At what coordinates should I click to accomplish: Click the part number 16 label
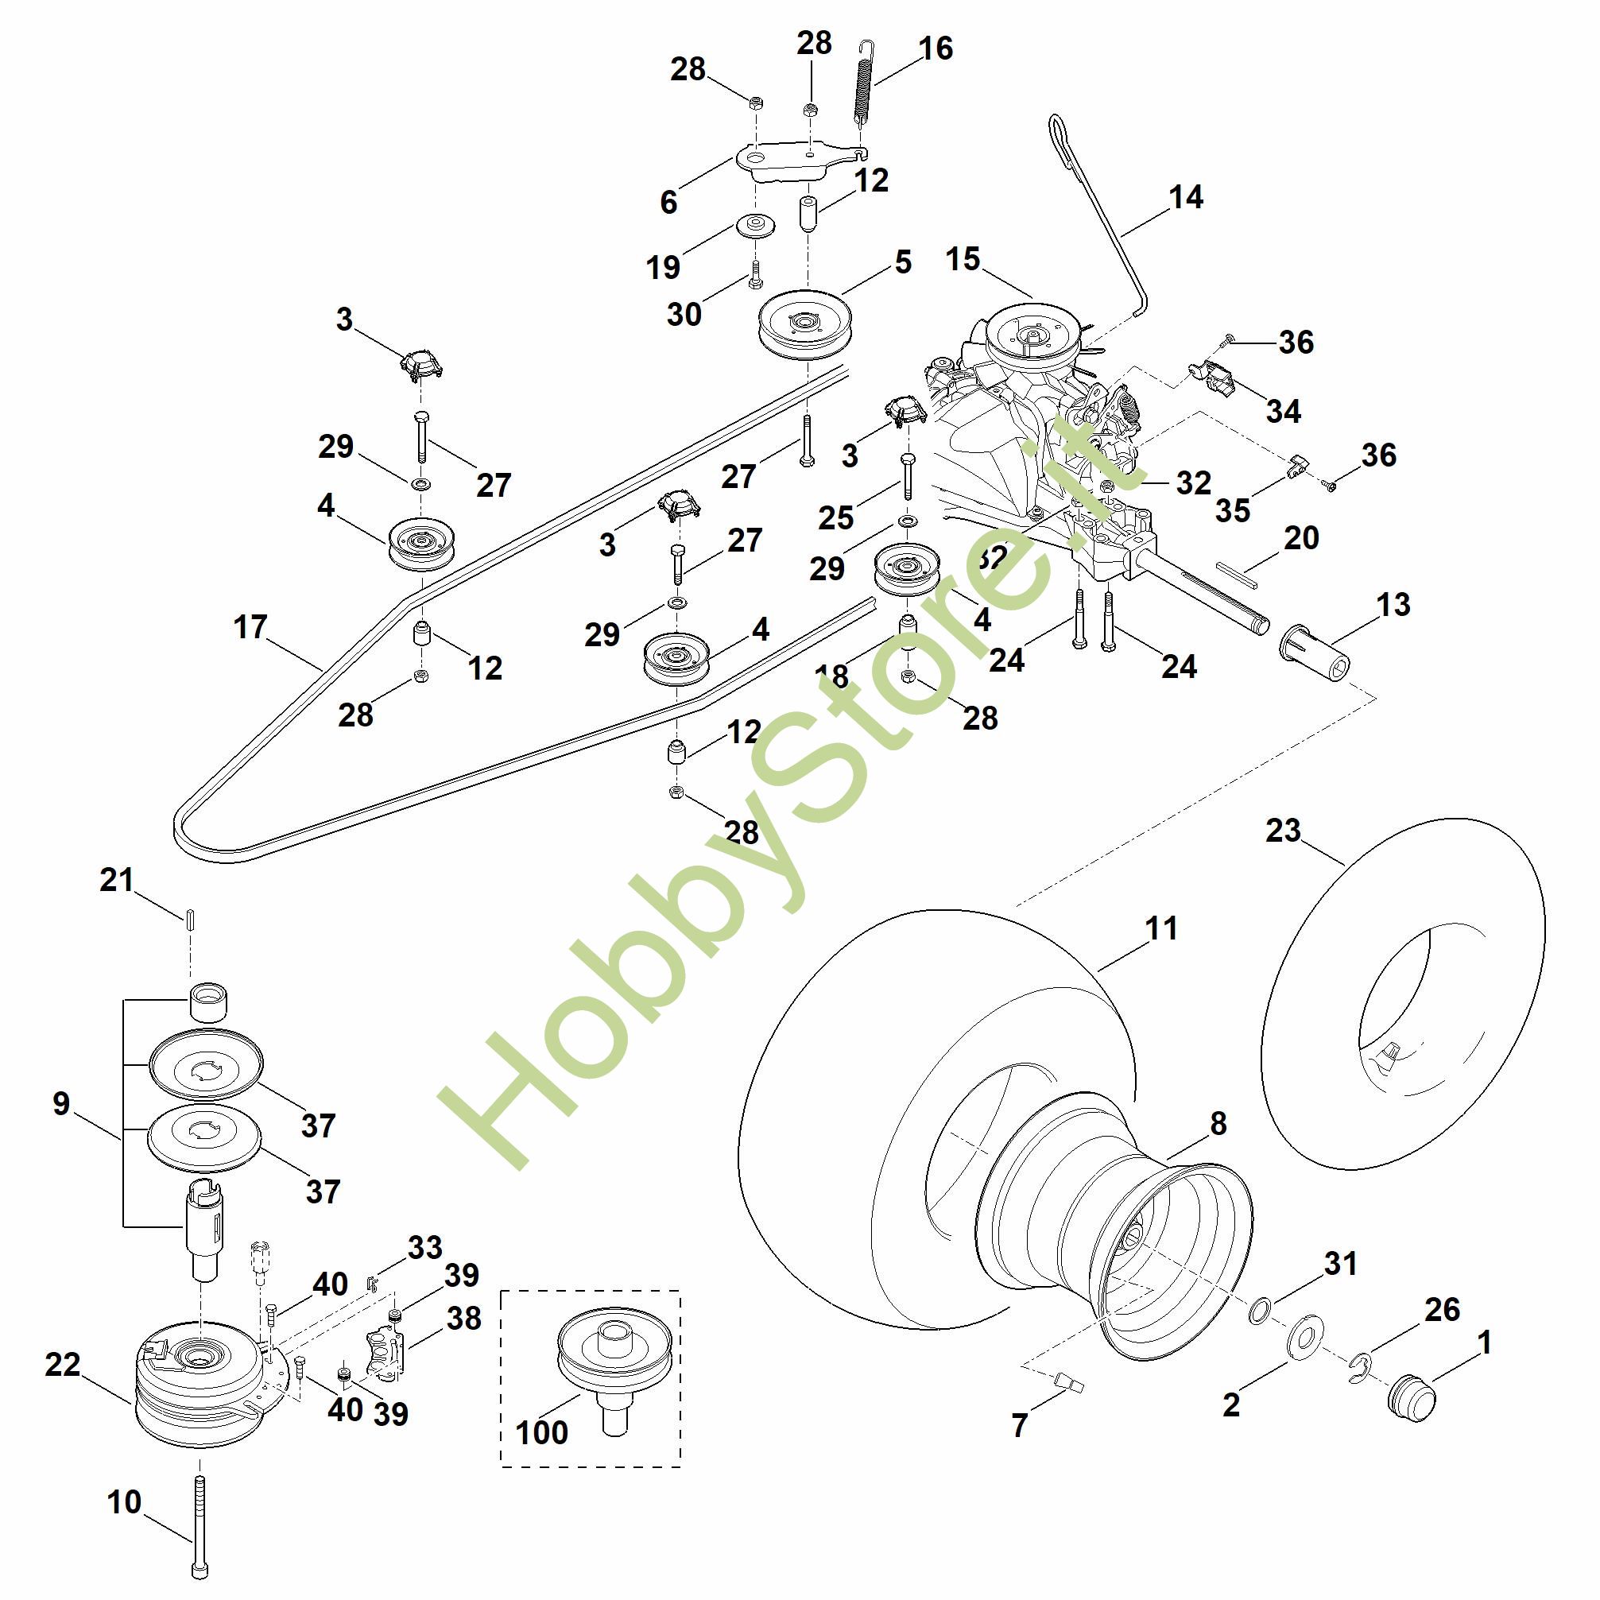936,48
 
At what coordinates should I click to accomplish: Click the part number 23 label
1283,831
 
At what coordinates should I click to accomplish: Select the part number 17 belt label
250,627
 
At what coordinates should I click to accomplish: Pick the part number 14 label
1186,197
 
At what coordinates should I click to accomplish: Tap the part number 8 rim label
1218,1124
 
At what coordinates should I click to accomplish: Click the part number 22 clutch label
62,1364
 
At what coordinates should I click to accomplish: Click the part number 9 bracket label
61,1104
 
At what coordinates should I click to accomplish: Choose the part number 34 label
1283,411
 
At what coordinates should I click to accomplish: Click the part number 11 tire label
1161,928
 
